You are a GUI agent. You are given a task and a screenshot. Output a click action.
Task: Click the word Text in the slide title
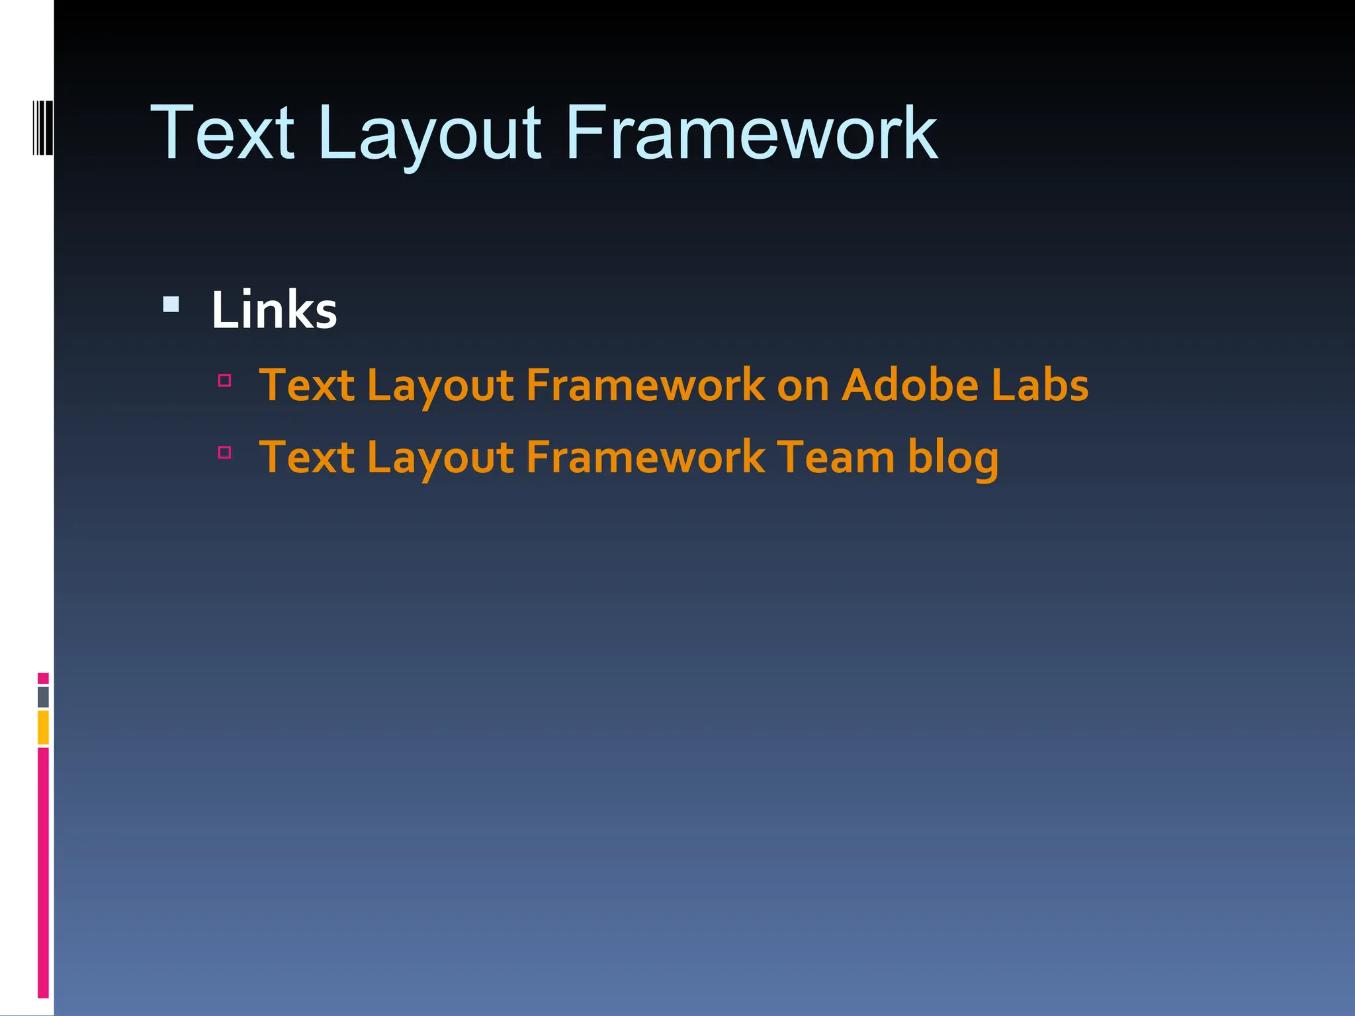click(222, 134)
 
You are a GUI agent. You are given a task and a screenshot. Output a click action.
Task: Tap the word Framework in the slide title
click(751, 134)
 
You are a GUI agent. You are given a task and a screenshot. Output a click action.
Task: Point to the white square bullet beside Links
click(171, 304)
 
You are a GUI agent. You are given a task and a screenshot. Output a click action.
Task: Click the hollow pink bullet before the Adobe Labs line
click(225, 380)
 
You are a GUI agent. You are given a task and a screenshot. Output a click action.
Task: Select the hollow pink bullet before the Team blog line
click(225, 452)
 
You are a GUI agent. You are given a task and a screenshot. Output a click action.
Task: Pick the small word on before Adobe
click(803, 386)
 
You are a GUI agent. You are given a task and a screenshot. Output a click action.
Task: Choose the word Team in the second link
click(836, 457)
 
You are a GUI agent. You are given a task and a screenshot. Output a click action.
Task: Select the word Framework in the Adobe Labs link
click(645, 385)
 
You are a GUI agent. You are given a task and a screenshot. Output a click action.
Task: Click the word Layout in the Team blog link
click(440, 458)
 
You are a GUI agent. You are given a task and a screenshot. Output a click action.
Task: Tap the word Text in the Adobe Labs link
click(307, 385)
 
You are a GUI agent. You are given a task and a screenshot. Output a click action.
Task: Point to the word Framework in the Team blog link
click(645, 457)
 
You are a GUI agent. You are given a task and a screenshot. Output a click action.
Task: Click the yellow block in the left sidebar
click(43, 727)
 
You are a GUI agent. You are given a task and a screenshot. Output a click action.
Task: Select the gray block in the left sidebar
click(43, 697)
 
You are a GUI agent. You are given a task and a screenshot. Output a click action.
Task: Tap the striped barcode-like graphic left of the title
click(42, 127)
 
